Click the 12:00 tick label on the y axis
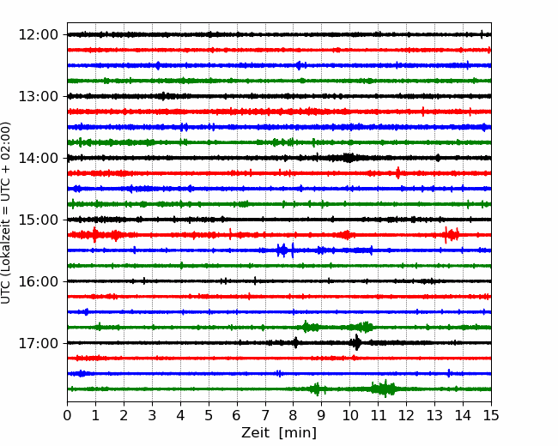coord(38,35)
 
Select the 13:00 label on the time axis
coord(38,96)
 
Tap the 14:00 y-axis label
coord(38,158)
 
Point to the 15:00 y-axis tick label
coord(38,220)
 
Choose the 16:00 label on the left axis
coord(38,281)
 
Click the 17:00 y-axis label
coord(38,343)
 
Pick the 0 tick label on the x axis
coord(67,415)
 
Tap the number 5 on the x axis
coord(209,415)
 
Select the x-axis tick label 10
coord(349,415)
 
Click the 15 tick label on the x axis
coord(491,415)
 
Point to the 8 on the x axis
coord(294,415)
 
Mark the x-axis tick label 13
coord(434,415)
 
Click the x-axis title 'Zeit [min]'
coord(279,433)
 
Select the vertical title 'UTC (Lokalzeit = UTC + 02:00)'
coord(6,213)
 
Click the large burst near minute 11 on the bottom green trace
coord(384,389)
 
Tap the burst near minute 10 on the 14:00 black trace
coord(349,158)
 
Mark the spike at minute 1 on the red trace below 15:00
coord(94,235)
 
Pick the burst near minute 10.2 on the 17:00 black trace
coord(356,342)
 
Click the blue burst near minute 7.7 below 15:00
coord(283,250)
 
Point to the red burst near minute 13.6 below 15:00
coord(452,235)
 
